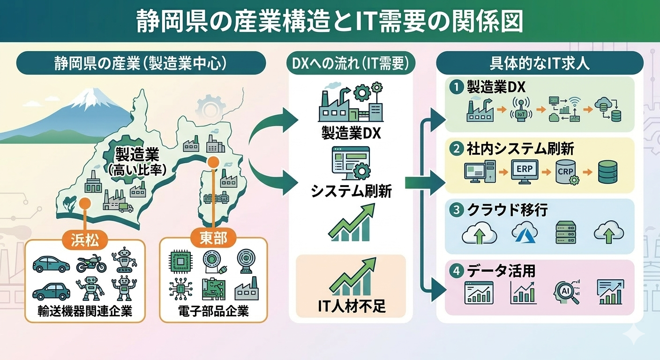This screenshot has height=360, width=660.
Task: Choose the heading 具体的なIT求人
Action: pos(540,63)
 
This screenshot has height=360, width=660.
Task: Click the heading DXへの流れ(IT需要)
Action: pos(351,63)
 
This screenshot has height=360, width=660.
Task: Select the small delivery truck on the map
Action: pos(126,207)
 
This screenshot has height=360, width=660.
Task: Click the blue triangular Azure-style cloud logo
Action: pos(524,232)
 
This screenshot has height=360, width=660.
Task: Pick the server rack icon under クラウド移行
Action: pos(565,232)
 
